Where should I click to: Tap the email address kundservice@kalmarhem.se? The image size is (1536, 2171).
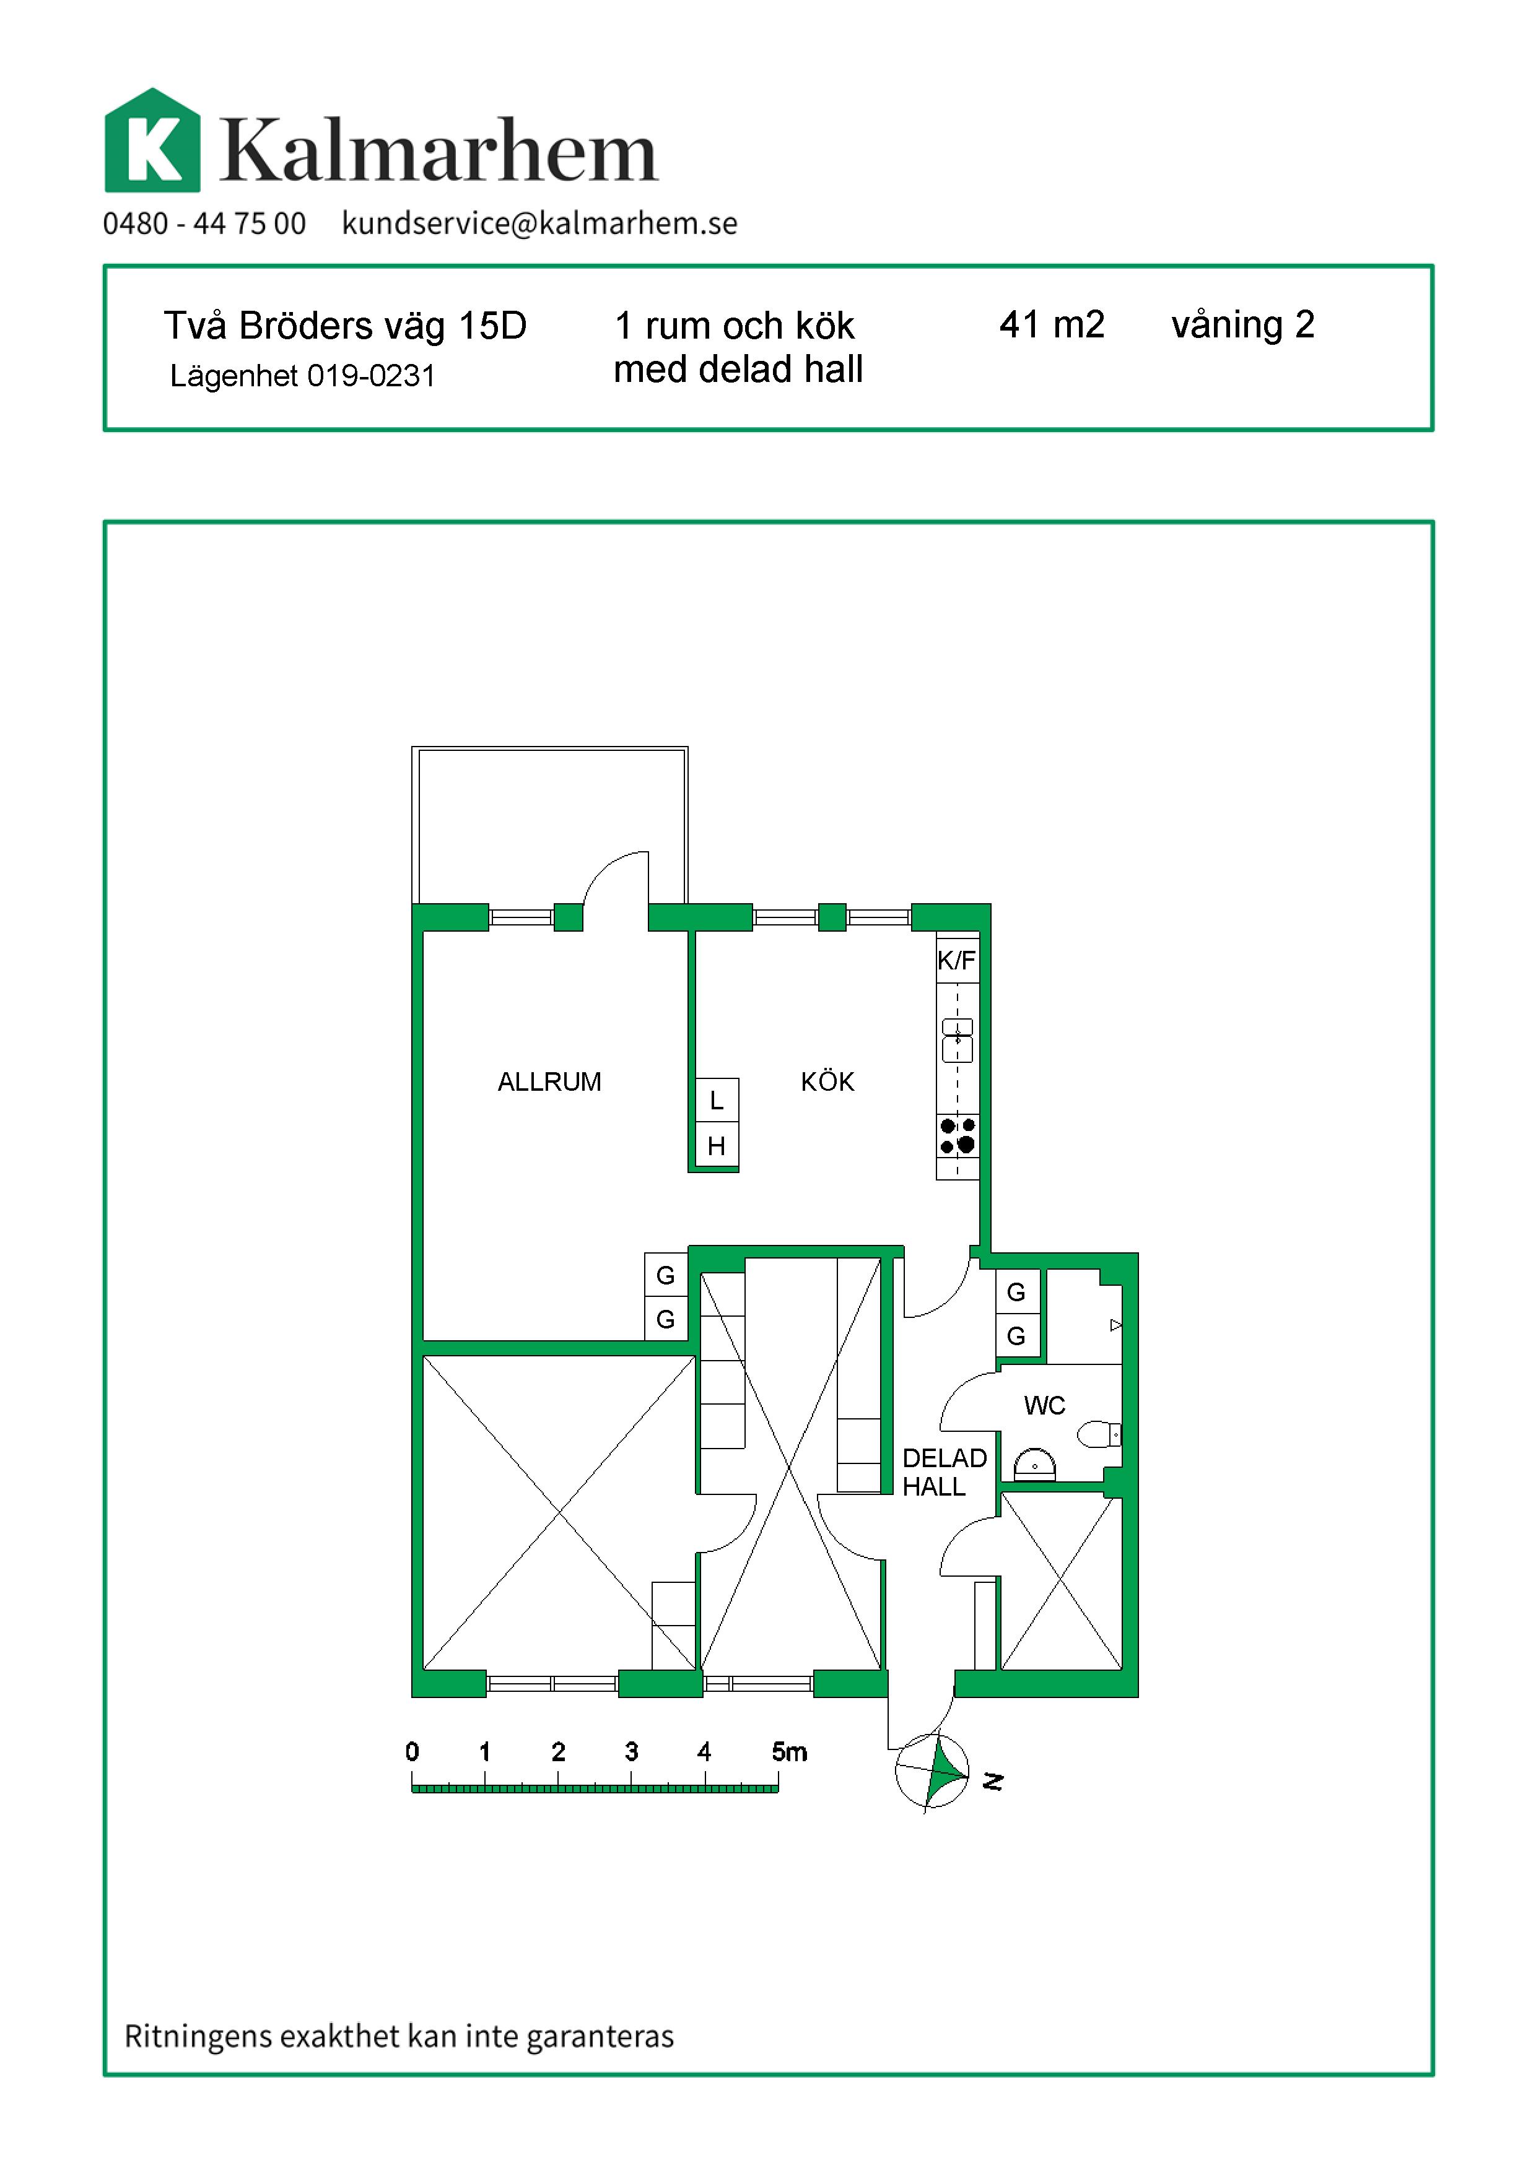point(539,224)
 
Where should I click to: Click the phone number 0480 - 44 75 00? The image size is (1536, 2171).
point(204,224)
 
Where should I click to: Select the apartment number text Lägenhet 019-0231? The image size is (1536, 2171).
point(303,376)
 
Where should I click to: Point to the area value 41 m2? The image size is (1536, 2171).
point(1052,324)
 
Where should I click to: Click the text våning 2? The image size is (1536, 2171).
point(1243,325)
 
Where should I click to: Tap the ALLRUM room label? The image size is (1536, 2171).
point(549,1081)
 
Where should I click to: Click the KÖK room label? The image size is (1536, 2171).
point(827,1081)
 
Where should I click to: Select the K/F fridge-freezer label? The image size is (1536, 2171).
point(956,961)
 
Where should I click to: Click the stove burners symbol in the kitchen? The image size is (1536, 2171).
point(957,1135)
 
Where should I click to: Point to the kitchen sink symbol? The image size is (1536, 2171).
point(957,1040)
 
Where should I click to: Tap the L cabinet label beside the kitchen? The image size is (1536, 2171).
point(717,1101)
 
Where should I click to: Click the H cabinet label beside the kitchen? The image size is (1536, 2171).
point(717,1146)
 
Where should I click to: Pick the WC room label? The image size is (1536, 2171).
point(1044,1406)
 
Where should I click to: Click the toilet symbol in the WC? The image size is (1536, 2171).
point(1099,1434)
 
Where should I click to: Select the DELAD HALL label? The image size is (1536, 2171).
point(944,1472)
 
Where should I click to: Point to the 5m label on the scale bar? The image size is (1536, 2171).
point(789,1752)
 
